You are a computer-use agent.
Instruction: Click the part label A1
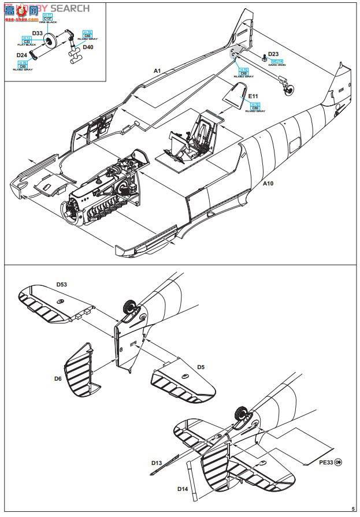pos(157,70)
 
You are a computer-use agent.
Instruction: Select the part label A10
pos(268,184)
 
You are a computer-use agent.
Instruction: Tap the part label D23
pos(273,55)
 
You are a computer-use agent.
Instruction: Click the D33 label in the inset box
pos(37,34)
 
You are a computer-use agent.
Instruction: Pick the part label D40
pos(88,47)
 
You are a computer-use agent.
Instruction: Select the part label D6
pos(58,378)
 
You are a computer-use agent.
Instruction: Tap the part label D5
pos(201,367)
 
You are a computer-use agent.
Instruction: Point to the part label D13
pos(157,463)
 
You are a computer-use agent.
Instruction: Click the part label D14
pos(182,489)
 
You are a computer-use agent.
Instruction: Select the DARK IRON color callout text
pos(277,65)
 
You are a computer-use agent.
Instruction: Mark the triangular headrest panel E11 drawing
pos(235,95)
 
